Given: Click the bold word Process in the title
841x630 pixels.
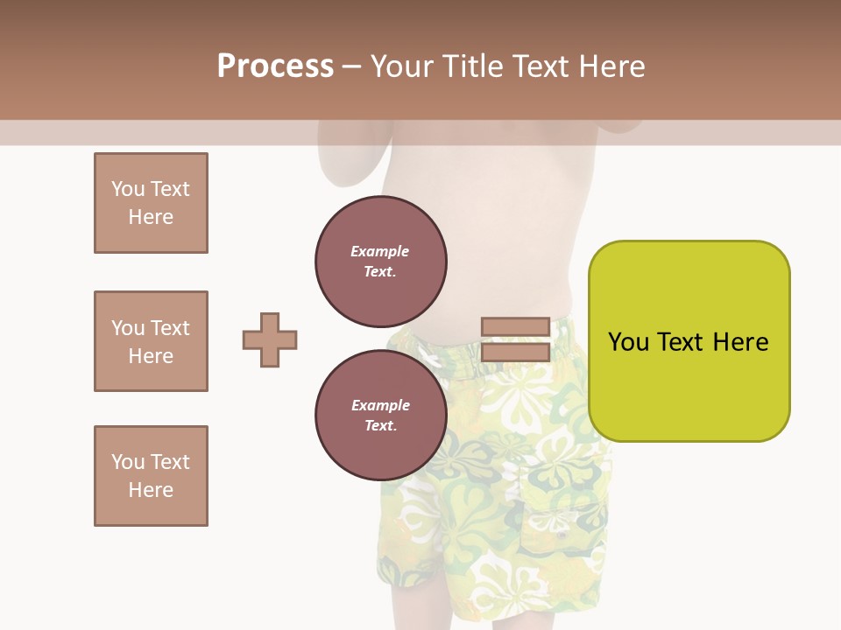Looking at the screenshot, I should (275, 66).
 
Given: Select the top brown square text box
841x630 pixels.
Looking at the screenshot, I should (151, 203).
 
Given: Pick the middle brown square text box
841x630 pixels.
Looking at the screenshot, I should (151, 341).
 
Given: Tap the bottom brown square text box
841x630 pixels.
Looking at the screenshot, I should (151, 476).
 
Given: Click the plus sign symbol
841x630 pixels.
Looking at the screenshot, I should (270, 339).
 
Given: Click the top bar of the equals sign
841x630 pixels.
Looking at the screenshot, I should (515, 327).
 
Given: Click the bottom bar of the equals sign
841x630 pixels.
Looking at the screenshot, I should (515, 353).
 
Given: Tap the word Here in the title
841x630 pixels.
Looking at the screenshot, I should (612, 66).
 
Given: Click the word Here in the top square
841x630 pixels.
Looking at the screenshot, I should (151, 217).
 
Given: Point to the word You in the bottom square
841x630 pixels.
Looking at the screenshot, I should (128, 462).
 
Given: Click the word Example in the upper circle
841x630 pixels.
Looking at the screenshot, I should (379, 251).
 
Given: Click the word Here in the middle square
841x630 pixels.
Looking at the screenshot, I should (151, 356).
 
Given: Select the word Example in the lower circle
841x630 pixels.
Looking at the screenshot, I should (380, 405).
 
